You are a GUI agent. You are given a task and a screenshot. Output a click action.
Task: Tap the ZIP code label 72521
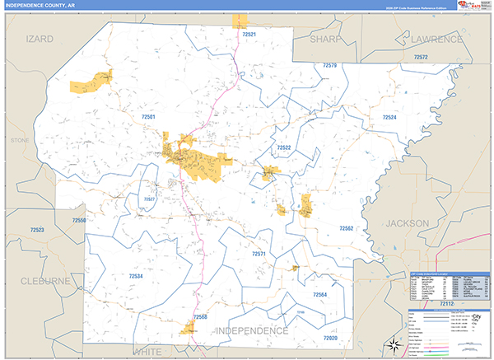(250, 35)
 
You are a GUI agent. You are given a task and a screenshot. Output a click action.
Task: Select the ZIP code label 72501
(149, 117)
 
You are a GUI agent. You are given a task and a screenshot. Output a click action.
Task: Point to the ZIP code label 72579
(330, 65)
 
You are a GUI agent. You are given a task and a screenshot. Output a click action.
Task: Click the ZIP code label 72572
(422, 57)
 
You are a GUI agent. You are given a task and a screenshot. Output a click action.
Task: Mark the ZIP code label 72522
(284, 147)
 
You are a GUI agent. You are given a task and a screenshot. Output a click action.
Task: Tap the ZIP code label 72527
(149, 199)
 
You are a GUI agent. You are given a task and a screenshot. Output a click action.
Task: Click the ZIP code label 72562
(346, 227)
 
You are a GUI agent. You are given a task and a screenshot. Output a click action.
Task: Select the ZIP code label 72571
(259, 255)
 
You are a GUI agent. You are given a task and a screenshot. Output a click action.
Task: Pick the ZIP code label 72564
(319, 294)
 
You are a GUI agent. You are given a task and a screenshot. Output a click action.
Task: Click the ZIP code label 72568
(200, 316)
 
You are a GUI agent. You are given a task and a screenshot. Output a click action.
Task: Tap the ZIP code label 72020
(331, 338)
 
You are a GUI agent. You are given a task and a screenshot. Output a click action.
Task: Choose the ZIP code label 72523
(35, 229)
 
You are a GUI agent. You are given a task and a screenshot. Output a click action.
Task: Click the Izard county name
(40, 39)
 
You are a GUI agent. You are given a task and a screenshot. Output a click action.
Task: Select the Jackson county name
(408, 223)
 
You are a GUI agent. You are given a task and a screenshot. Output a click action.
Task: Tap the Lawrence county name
(437, 39)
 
